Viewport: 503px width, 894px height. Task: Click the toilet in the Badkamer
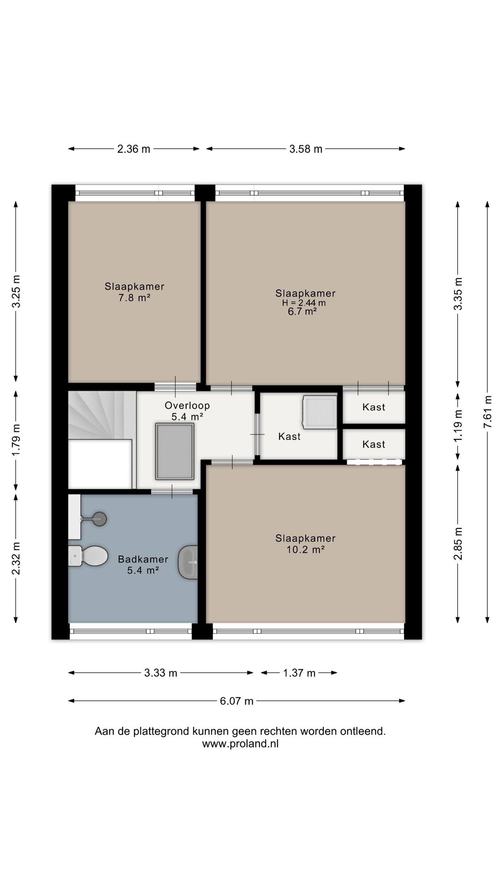tap(88, 556)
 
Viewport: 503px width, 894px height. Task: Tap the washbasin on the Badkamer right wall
tap(188, 562)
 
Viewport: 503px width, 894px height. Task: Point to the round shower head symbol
tap(100, 519)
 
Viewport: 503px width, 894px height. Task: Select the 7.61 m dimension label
tap(488, 412)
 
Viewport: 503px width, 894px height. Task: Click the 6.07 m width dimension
tap(236, 701)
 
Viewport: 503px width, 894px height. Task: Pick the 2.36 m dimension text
tap(133, 149)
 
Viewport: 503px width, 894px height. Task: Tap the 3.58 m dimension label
tap(306, 149)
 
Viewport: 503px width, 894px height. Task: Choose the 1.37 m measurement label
tap(299, 673)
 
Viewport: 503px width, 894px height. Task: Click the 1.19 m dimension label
tap(458, 426)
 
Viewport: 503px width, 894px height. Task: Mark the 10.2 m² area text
tap(306, 550)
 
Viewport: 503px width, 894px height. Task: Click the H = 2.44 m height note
tap(304, 303)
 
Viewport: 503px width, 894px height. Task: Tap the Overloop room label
tap(187, 405)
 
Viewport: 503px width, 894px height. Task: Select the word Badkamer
tap(143, 559)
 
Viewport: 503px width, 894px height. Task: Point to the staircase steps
tap(102, 415)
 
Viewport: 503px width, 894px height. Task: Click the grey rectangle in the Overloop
tap(175, 451)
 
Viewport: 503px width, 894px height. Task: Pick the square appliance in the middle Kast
tap(320, 412)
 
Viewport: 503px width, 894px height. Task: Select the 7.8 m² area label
tap(134, 298)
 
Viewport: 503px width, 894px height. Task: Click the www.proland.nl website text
tap(240, 744)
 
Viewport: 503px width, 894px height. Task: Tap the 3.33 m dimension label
tap(161, 673)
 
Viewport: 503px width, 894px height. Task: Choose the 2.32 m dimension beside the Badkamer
tap(16, 558)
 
